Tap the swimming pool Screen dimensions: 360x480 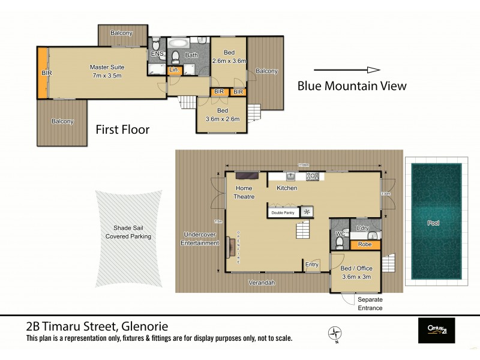433,223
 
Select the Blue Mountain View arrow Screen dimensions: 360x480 347,70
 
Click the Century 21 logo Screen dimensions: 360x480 436,331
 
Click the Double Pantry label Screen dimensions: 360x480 283,212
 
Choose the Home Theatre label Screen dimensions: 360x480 244,192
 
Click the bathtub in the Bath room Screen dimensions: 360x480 178,44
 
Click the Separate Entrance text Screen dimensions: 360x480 370,304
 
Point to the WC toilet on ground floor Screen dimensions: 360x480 340,241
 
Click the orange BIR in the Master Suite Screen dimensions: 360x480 43,73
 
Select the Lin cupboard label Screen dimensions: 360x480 173,70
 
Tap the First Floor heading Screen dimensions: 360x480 123,129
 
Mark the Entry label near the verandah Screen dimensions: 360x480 312,265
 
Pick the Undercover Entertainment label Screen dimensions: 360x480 200,239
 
